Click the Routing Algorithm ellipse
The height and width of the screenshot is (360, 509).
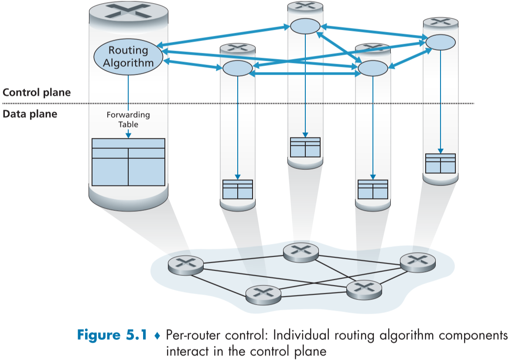tap(128, 57)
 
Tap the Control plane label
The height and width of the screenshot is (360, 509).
tap(36, 93)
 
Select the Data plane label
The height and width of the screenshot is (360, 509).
tap(30, 114)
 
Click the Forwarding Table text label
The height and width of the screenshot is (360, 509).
tap(128, 120)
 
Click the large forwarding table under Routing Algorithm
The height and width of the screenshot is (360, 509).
tap(128, 162)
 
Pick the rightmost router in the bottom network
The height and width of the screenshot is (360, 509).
tap(418, 261)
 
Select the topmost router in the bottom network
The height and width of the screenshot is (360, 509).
tap(301, 251)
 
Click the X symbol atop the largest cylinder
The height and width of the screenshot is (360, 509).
tap(128, 10)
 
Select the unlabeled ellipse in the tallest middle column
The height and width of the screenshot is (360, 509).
tap(305, 26)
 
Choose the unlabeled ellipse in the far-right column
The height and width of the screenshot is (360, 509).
tap(441, 42)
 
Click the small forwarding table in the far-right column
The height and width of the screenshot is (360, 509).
tap(441, 163)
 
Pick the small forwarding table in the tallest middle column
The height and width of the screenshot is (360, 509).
tap(305, 147)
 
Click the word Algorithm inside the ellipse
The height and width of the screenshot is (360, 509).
tap(128, 63)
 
